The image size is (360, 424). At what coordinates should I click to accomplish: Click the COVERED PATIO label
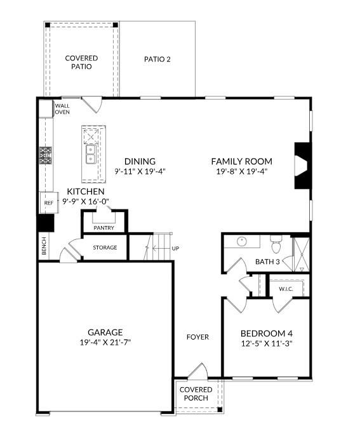tap(81, 62)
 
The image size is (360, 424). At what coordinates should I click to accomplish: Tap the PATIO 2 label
tap(157, 59)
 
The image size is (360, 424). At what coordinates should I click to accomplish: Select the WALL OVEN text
tap(62, 109)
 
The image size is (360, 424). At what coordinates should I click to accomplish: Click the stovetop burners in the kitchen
tap(46, 156)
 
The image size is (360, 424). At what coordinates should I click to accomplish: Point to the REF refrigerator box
tap(48, 203)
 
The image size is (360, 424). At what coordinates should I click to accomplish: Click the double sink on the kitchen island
tap(91, 153)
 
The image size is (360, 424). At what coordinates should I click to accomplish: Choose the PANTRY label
tap(103, 227)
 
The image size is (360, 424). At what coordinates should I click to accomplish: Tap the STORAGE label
tap(105, 248)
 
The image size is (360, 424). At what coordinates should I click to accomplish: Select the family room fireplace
tap(301, 166)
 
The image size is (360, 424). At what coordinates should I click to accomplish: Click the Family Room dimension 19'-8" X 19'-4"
tap(241, 171)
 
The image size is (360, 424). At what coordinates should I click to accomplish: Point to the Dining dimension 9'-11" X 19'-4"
tap(140, 171)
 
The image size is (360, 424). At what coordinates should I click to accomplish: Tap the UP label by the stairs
tap(175, 248)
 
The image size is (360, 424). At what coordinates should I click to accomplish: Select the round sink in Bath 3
tap(241, 242)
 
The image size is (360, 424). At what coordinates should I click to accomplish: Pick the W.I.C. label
tap(286, 289)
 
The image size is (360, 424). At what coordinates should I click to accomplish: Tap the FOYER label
tap(197, 337)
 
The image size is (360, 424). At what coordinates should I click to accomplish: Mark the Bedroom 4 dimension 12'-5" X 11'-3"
tap(266, 343)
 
